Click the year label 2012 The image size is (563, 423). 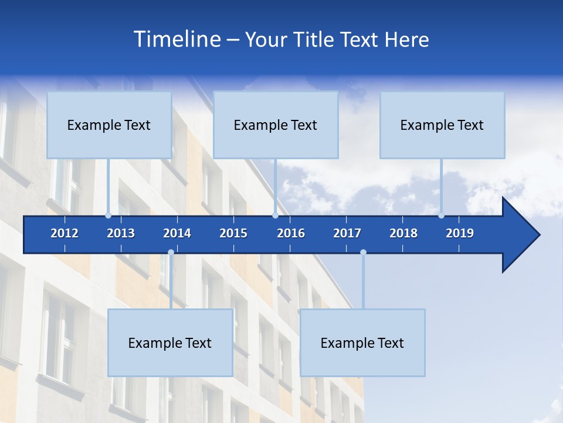coord(65,233)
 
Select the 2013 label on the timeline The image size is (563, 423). coord(121,233)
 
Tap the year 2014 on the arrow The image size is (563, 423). coord(177,233)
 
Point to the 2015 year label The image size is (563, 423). coord(233,233)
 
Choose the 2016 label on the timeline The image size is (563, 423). coord(291,233)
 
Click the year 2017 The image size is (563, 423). coord(347,233)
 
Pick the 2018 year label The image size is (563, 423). coord(403,233)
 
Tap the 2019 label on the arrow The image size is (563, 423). coord(460,233)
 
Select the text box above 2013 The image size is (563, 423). coord(109,125)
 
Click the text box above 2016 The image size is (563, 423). coord(276,125)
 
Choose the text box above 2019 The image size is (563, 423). coord(442,125)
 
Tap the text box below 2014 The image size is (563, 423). coord(170,343)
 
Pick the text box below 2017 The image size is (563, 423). coord(362,343)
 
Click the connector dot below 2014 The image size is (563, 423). coord(171,253)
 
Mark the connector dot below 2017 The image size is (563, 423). coord(363,253)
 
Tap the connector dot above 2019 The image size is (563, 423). coord(441,216)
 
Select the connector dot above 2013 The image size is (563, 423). coord(108,216)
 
